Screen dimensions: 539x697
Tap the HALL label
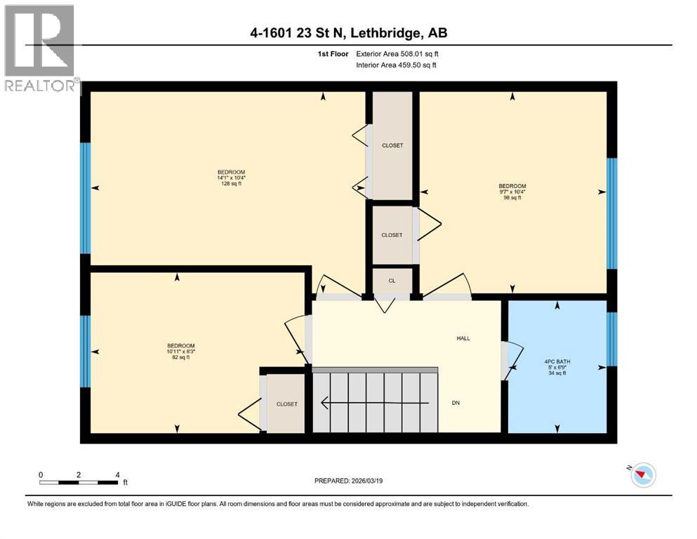(x=463, y=338)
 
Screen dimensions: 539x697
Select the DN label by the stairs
(x=456, y=402)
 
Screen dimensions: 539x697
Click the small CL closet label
(x=392, y=281)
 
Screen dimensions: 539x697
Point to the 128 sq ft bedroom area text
(x=231, y=184)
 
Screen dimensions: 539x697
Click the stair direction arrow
(x=376, y=403)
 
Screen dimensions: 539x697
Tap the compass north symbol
(x=642, y=476)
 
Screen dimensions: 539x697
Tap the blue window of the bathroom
(x=611, y=339)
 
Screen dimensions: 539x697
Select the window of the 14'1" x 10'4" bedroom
(x=85, y=197)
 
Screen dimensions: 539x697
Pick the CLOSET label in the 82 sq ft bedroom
(x=286, y=404)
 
